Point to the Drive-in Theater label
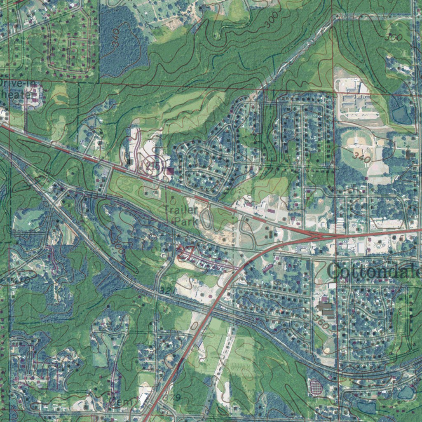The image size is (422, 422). click(16, 89)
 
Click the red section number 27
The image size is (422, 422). click(184, 253)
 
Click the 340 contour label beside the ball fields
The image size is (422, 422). click(362, 157)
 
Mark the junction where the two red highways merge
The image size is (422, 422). click(317, 236)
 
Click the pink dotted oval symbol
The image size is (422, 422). click(316, 387)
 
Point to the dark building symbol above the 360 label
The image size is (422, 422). click(326, 308)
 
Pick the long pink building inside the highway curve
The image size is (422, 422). click(267, 268)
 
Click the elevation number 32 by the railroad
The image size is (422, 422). click(165, 291)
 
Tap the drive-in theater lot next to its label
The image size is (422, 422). click(35, 95)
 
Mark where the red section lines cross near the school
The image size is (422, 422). click(333, 89)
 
